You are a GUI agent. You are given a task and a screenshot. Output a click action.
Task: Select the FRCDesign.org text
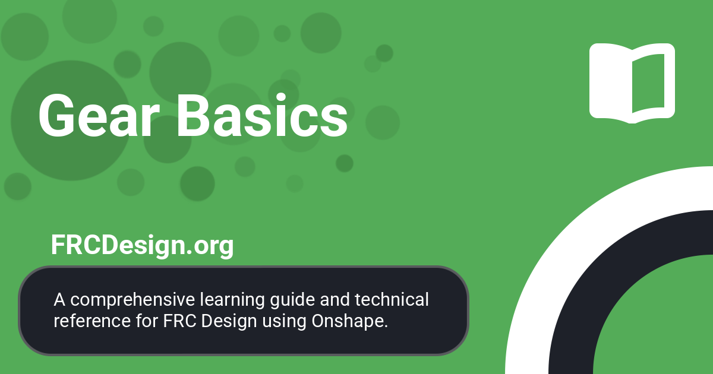142,245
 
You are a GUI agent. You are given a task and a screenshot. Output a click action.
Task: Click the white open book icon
632,82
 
